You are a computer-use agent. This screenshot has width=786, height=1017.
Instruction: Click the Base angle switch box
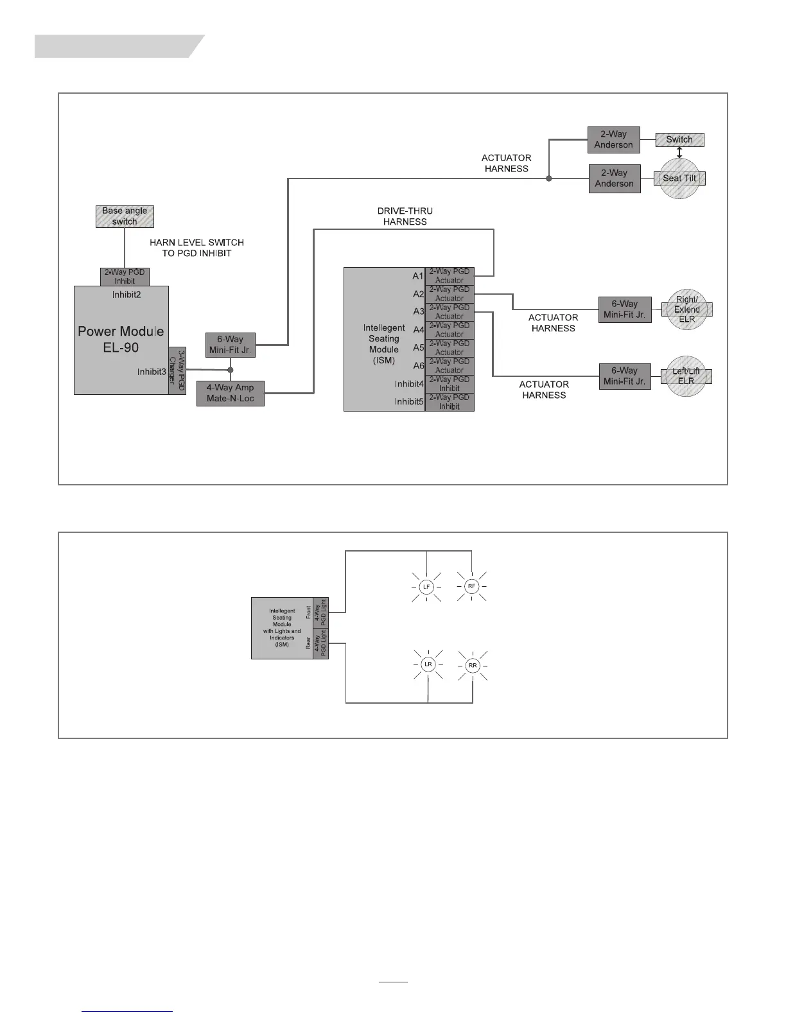pos(125,216)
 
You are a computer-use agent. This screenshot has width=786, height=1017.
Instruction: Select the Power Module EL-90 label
pos(121,340)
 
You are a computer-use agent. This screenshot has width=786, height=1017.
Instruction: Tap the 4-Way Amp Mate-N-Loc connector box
pos(230,393)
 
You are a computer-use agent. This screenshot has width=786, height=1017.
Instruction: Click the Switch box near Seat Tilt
pos(679,139)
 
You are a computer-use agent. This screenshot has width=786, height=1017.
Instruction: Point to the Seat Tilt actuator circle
pos(679,178)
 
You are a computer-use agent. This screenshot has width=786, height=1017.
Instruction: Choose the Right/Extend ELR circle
pos(686,309)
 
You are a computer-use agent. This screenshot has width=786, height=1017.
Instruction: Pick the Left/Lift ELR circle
pos(686,376)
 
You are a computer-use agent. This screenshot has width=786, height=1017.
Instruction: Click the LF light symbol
pos(426,587)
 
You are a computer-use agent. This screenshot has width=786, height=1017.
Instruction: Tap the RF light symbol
pos(472,586)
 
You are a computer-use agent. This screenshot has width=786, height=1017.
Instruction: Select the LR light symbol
pos(428,665)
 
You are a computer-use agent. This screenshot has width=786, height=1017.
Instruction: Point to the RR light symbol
pos(473,665)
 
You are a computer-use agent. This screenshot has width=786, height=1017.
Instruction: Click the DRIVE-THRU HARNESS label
pos(405,216)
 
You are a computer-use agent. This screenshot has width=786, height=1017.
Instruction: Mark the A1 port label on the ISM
pos(418,276)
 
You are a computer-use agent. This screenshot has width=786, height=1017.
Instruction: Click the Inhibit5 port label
pos(409,402)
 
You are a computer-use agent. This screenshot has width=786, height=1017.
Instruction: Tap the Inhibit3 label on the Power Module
pos(152,372)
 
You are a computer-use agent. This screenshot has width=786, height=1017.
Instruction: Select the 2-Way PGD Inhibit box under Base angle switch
pos(125,277)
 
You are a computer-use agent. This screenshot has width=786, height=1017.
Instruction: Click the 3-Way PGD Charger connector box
pos(177,371)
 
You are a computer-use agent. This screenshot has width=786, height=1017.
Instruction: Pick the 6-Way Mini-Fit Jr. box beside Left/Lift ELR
pos(624,376)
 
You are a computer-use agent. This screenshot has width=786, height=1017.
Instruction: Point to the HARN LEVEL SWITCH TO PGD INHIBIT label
pos(197,248)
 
